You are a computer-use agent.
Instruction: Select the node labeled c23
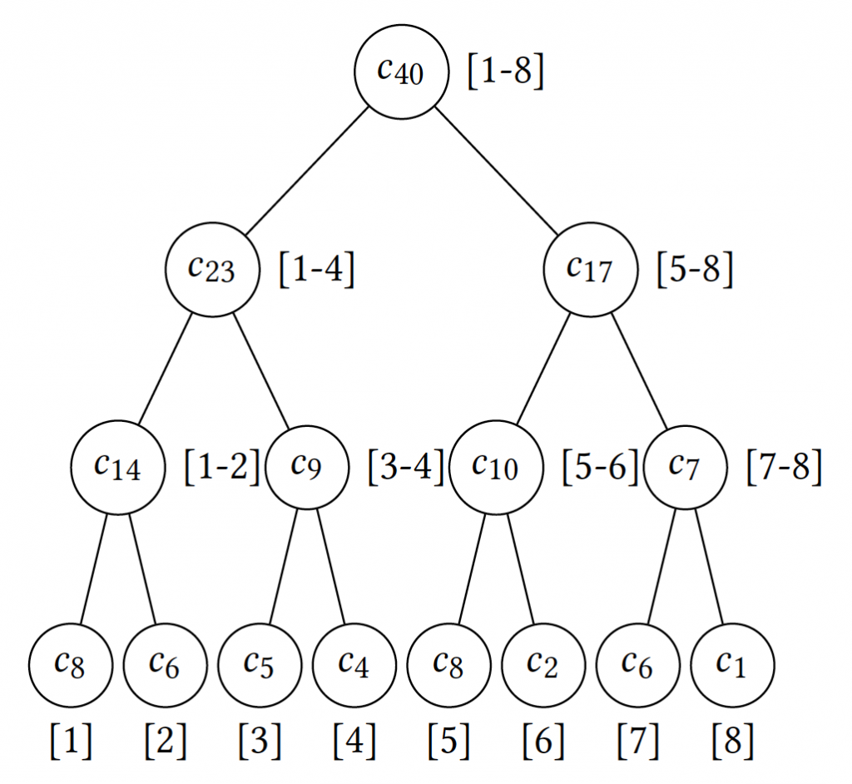coord(212,269)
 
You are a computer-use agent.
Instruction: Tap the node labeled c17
coord(590,269)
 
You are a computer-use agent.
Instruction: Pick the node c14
coord(117,467)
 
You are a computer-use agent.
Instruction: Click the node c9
coord(307,467)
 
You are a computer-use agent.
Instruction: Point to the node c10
coord(495,467)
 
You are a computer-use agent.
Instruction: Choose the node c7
coord(685,467)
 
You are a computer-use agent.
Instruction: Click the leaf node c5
coord(260,664)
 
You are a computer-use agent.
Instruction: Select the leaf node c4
coord(354,664)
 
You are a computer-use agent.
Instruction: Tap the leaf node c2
coord(543,664)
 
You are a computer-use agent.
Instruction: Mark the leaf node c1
coord(732,664)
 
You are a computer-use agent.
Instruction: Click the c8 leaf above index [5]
coord(448,664)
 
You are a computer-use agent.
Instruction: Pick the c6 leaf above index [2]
coord(166,664)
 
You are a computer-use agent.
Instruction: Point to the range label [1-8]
coord(506,73)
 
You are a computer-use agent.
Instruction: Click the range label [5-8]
coord(695,270)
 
